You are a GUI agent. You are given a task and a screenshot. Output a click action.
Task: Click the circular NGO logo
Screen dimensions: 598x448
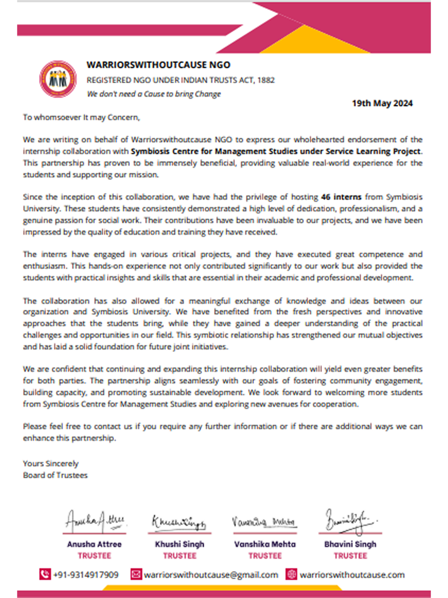[x=58, y=79]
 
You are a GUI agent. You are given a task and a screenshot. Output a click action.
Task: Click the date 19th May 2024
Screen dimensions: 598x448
[x=382, y=103]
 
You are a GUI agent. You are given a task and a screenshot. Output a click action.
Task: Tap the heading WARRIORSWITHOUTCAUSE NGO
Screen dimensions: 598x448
[x=158, y=65]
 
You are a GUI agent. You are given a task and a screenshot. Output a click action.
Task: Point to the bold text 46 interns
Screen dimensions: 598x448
[x=341, y=197]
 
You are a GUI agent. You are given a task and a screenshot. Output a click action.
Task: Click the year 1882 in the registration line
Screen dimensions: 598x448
[x=266, y=80]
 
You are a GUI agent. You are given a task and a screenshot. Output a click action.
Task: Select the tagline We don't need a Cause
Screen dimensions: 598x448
[x=154, y=94]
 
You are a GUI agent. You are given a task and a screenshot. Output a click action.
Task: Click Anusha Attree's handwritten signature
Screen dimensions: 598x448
[x=95, y=521]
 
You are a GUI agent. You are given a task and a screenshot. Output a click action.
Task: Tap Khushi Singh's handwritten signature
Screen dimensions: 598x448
[x=179, y=522]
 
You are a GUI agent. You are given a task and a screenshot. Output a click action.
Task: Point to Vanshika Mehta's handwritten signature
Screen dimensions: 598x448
[x=264, y=521]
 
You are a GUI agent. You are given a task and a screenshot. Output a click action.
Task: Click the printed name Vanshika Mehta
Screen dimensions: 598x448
[x=265, y=544]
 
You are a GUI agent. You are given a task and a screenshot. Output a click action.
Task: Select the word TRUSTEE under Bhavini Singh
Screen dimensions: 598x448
[x=350, y=556]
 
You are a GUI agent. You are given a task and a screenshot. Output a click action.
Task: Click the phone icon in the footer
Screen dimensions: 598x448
[x=45, y=574]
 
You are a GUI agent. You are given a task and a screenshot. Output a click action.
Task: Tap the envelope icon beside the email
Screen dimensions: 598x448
[x=136, y=574]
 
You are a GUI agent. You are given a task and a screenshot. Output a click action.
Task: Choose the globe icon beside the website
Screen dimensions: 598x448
[x=291, y=574]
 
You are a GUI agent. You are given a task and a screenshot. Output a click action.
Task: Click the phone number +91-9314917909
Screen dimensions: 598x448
[x=85, y=575]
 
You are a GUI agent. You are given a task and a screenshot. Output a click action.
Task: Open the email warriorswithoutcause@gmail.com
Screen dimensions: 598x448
[x=211, y=575]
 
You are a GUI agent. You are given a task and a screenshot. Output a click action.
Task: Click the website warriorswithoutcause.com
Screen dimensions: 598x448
[x=352, y=575]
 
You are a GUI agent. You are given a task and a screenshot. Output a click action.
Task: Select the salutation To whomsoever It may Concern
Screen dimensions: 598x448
[x=81, y=117]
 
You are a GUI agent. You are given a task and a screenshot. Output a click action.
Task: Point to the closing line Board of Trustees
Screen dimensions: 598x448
[x=55, y=475]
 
